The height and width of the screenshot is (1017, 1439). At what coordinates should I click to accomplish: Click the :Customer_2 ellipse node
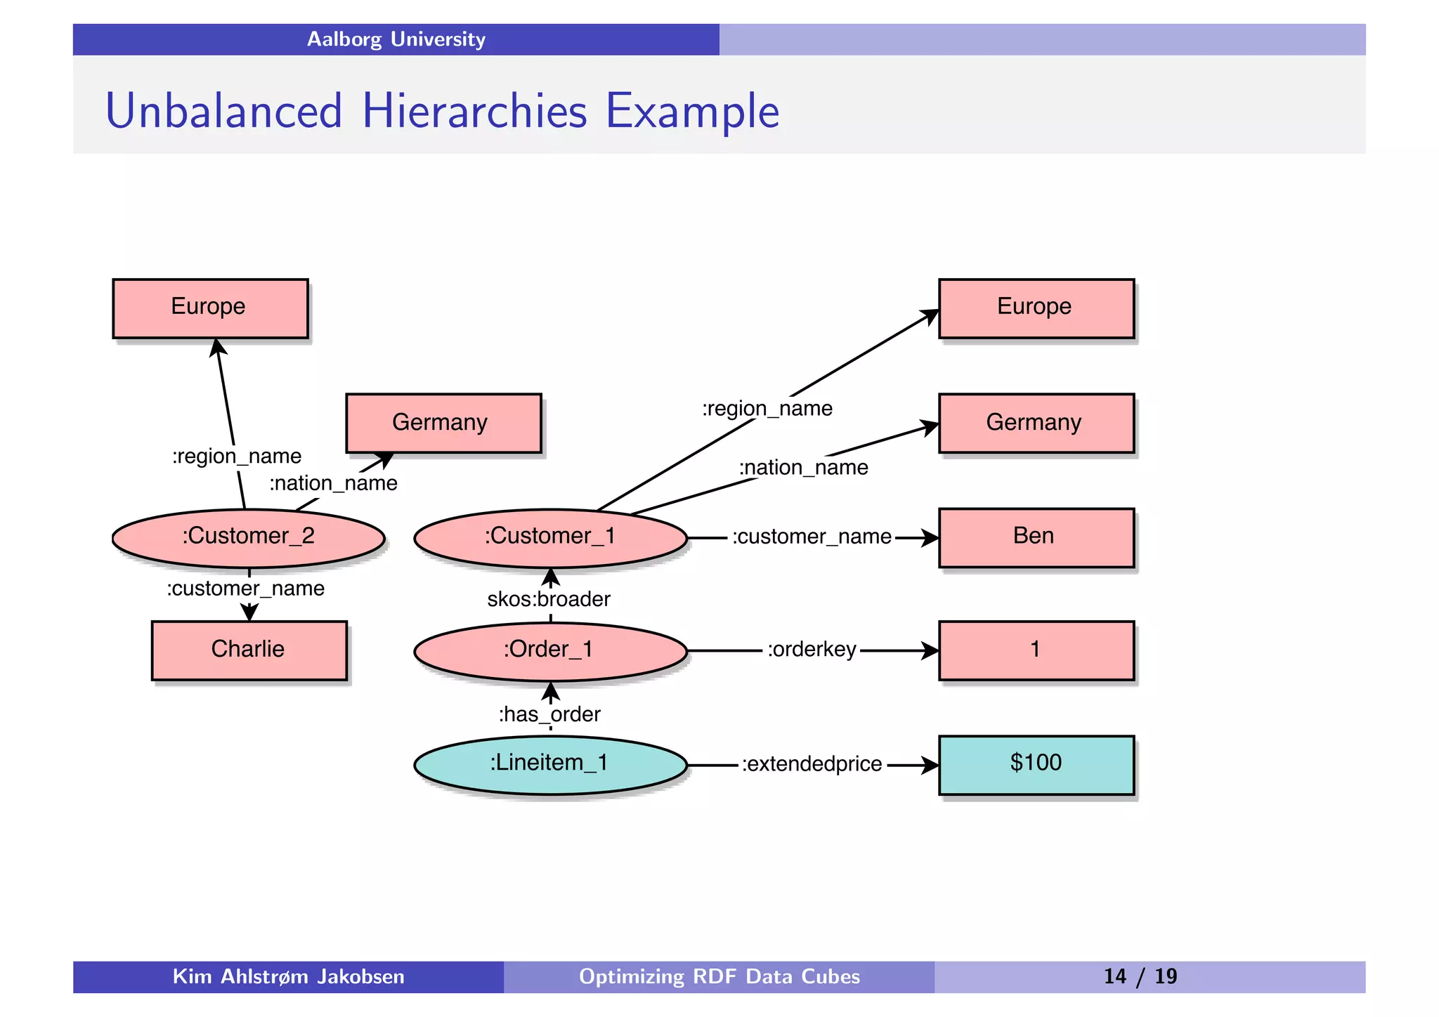point(248,537)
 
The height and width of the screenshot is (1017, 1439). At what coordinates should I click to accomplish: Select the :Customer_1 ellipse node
point(550,537)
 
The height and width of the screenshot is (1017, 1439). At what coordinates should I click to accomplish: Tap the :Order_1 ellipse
point(550,650)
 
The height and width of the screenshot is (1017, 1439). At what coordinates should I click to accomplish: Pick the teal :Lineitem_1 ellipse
point(550,764)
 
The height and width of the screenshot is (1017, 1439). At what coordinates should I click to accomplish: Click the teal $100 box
point(1036,764)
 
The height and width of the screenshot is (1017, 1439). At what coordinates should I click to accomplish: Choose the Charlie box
point(249,650)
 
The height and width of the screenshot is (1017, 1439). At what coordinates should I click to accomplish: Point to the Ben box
point(1036,537)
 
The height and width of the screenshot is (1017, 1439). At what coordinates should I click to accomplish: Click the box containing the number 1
point(1036,650)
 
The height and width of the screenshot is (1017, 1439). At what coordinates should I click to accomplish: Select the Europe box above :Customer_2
point(209,308)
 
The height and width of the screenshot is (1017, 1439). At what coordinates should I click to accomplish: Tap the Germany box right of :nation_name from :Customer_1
point(1036,423)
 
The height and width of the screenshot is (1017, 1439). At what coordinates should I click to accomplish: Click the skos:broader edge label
point(549,599)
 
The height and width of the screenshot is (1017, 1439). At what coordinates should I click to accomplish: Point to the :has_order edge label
point(549,714)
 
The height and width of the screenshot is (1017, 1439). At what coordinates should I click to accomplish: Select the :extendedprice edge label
point(812,764)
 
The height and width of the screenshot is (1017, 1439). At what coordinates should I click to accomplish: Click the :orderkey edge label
point(812,650)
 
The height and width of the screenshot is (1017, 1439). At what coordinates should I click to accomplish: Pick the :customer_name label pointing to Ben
point(812,537)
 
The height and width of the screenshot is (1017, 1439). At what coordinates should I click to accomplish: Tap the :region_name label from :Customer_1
point(767,408)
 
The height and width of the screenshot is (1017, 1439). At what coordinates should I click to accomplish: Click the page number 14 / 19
point(1140,976)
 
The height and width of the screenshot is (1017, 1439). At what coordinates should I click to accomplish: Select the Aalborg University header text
point(396,39)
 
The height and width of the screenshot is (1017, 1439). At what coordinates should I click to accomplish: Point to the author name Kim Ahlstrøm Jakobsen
point(288,976)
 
